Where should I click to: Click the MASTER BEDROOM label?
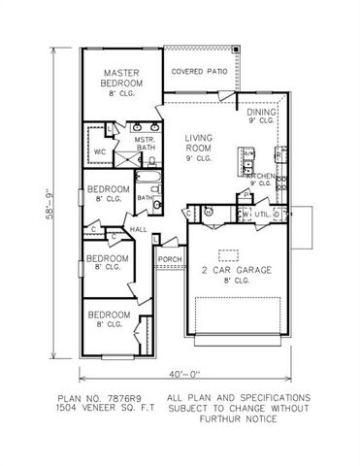click(x=122, y=78)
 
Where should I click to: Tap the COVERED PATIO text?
click(x=199, y=72)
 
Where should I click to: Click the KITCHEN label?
click(x=261, y=176)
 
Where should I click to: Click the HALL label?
click(x=139, y=230)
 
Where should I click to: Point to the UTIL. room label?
click(x=262, y=214)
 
